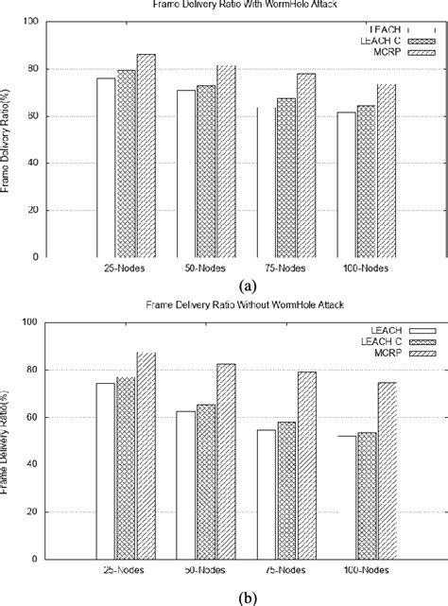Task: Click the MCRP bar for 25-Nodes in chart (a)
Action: pos(146,156)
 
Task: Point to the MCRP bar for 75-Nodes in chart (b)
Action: pos(306,453)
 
